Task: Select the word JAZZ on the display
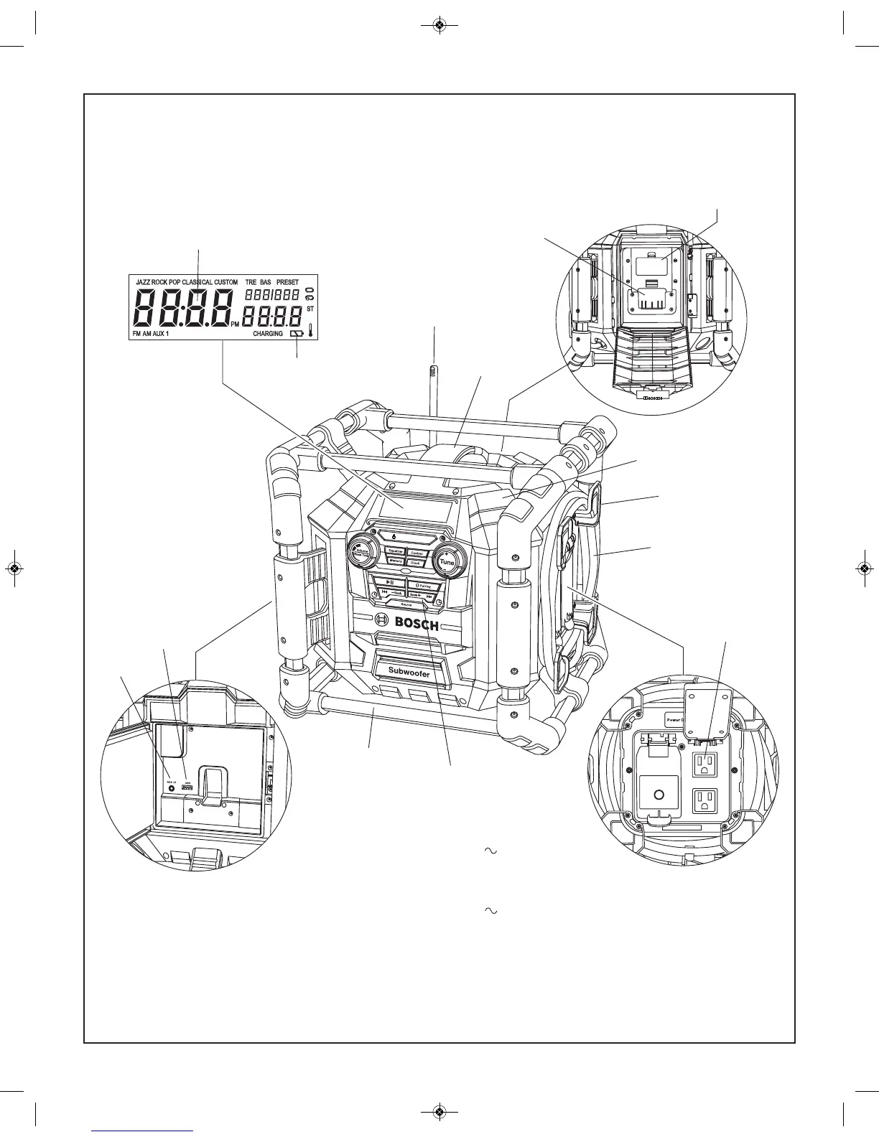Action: [x=143, y=282]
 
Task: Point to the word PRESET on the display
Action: [x=287, y=282]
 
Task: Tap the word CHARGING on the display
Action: [x=268, y=334]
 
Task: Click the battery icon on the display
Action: [x=296, y=334]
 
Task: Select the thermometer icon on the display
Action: [x=310, y=330]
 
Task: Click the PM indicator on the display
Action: [x=235, y=324]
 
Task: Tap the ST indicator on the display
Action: [x=310, y=309]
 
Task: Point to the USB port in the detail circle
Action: [x=188, y=788]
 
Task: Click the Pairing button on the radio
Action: [x=424, y=586]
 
